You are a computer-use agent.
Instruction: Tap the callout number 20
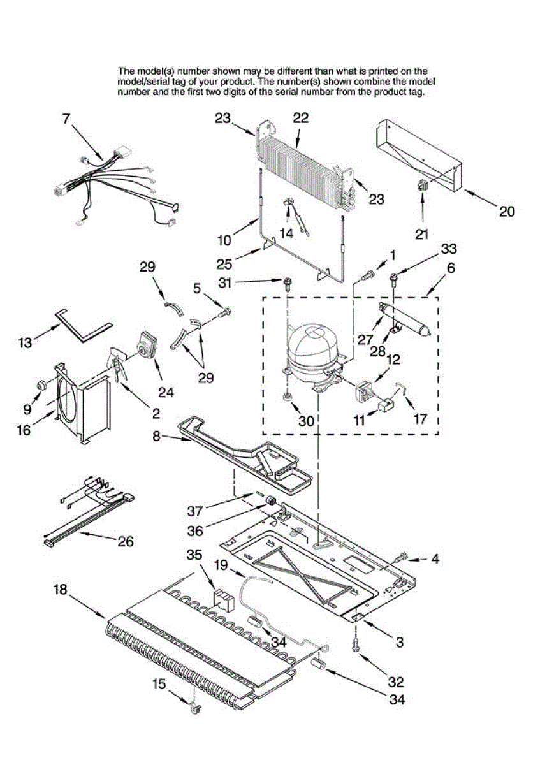(506, 211)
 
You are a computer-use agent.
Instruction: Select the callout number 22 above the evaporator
(300, 118)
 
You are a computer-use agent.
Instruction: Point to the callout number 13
(25, 342)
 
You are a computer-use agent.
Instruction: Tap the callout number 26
(126, 541)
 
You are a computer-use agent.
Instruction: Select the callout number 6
(451, 268)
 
